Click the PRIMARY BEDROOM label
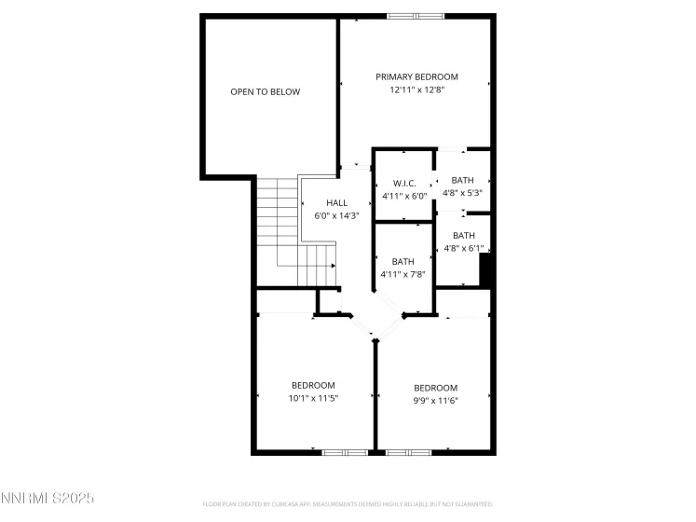click(416, 76)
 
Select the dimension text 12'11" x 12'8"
click(416, 90)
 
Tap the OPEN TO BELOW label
click(266, 91)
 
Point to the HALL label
click(336, 202)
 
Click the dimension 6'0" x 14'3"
click(336, 215)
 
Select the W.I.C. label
click(403, 183)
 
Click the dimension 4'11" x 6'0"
click(403, 196)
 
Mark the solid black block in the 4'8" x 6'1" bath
click(485, 270)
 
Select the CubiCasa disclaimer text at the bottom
click(348, 504)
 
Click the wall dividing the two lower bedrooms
click(375, 396)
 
